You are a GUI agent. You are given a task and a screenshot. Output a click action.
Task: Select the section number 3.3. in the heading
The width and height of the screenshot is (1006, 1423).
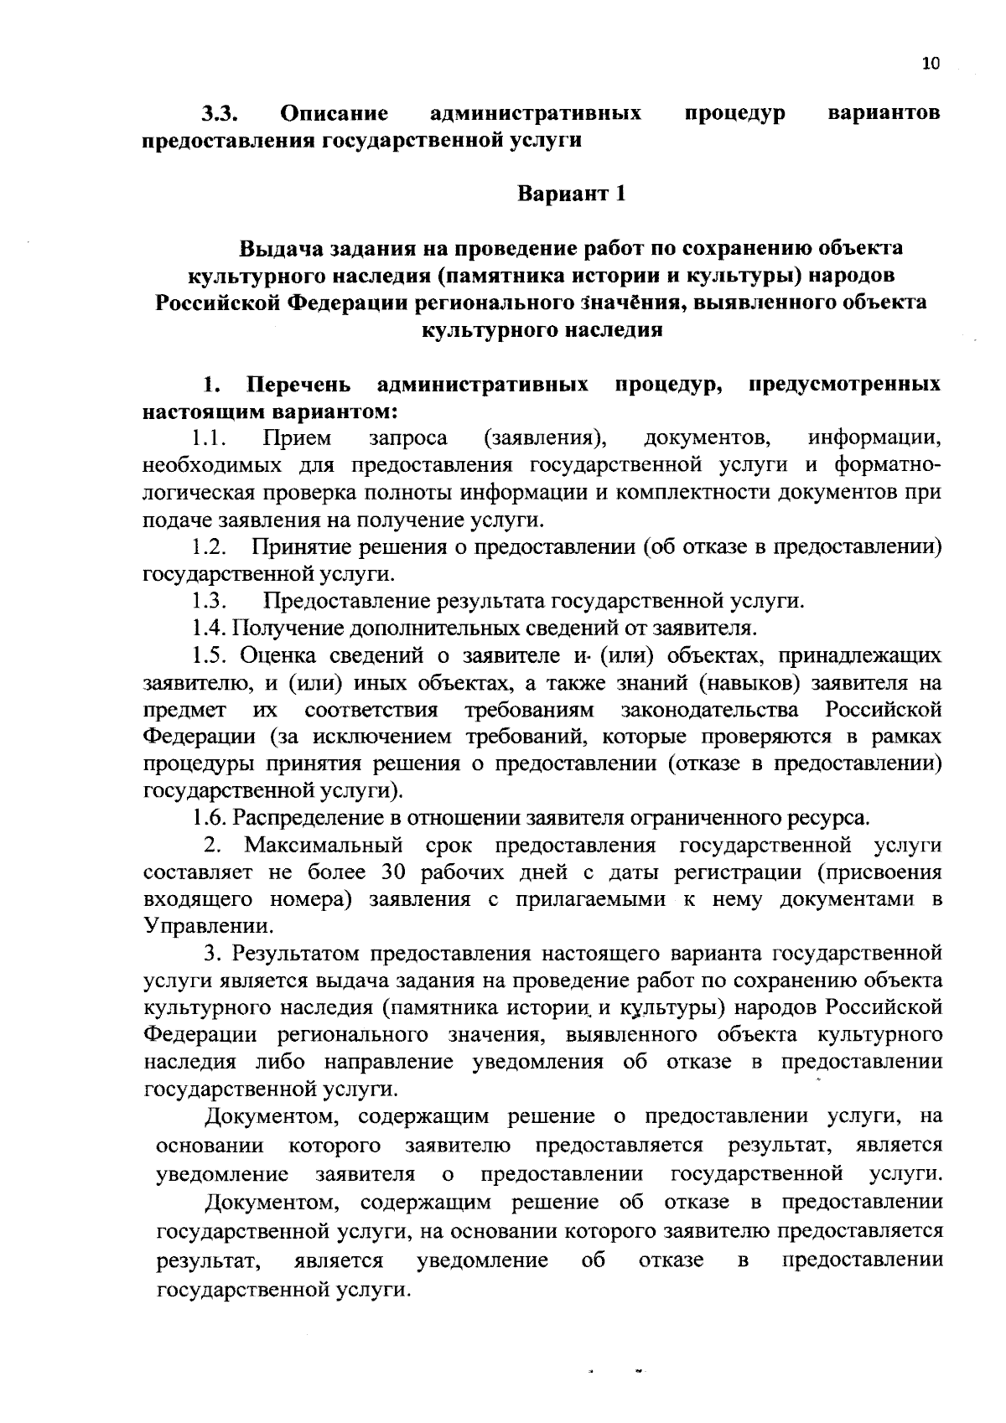click(x=221, y=112)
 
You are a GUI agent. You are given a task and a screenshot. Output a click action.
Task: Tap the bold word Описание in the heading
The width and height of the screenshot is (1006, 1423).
click(x=334, y=112)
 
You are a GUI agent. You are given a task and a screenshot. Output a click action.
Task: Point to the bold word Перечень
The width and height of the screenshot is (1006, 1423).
click(x=298, y=385)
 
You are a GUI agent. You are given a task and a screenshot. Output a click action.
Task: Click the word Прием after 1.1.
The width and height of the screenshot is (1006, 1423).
click(x=297, y=438)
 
